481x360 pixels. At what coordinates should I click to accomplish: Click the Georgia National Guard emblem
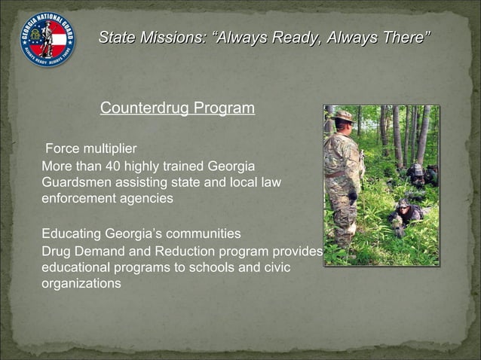pos(47,40)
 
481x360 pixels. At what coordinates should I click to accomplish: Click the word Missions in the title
pos(170,37)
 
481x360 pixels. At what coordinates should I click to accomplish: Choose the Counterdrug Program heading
pos(177,108)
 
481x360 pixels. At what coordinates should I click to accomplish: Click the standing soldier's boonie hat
pos(344,116)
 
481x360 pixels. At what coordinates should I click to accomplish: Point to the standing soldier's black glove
pos(352,197)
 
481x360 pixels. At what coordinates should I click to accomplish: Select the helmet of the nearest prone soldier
pos(403,204)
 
